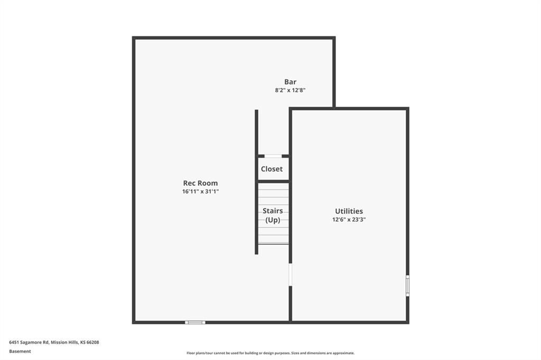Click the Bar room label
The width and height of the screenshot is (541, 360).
point(290,82)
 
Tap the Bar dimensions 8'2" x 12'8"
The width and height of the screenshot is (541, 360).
point(290,90)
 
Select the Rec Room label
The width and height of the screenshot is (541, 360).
point(200,183)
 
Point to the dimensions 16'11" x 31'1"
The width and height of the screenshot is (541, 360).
point(200,192)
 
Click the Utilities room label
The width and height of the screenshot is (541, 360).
point(349,211)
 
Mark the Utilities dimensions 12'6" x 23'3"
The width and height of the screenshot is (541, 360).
point(349,219)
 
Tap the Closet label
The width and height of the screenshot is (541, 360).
point(272,169)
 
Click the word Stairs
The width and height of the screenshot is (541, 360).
point(273,211)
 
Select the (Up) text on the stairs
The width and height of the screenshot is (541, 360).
point(273,220)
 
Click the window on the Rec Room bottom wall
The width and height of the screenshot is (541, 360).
point(195,323)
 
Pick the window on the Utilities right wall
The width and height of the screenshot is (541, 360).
point(407,286)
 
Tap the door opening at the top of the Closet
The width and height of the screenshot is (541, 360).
point(273,156)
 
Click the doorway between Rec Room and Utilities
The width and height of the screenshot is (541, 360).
point(291,275)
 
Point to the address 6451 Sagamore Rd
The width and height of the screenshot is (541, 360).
point(29,343)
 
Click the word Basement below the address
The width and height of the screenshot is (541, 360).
point(20,352)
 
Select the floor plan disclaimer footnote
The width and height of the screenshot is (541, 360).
point(270,353)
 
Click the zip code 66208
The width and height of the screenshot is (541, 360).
point(92,343)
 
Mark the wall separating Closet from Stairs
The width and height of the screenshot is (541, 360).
point(273,182)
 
